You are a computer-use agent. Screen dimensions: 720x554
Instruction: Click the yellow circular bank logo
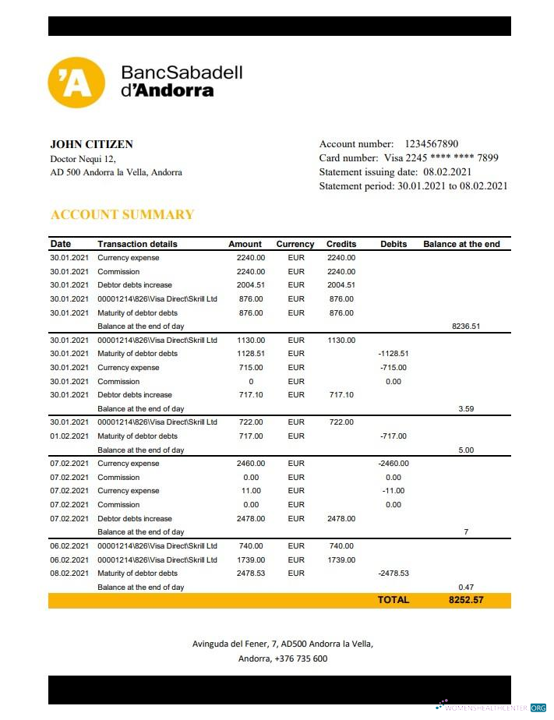point(76,82)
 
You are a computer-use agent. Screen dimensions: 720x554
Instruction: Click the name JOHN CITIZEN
point(91,144)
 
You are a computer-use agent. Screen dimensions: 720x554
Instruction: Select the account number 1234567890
point(431,144)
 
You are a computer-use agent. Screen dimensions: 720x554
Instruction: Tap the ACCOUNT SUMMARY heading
point(122,214)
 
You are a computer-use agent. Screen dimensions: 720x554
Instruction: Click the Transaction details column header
point(137,244)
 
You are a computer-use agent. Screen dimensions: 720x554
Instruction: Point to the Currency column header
point(295,244)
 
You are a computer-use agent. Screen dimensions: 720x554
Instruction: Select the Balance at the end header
point(461,244)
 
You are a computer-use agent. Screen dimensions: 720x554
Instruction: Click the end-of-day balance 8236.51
point(467,326)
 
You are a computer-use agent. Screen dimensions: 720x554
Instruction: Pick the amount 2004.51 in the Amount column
point(251,285)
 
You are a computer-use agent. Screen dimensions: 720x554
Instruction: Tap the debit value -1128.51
point(393,354)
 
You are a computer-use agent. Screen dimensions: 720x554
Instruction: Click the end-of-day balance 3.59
point(467,408)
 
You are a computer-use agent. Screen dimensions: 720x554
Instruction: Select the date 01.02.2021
point(70,436)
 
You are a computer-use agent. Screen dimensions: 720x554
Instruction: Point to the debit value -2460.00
point(393,464)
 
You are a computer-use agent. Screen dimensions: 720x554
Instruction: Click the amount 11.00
point(251,491)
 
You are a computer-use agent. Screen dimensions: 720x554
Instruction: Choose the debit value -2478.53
point(393,574)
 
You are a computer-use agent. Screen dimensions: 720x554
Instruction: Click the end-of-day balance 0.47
point(467,587)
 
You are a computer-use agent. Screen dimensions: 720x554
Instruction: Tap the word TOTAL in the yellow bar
point(393,600)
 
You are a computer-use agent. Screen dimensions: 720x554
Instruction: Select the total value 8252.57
point(466,600)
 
